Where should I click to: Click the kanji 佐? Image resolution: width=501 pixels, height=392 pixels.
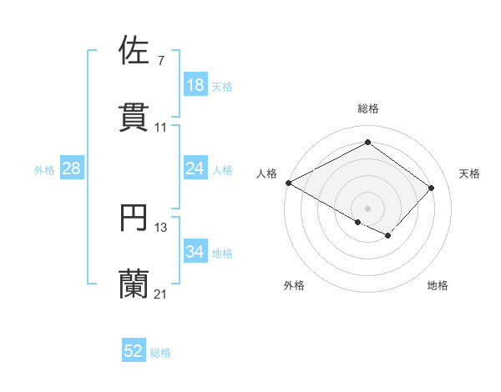click(x=134, y=50)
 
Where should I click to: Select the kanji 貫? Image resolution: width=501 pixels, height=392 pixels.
click(x=134, y=117)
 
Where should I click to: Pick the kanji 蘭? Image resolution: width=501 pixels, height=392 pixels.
click(x=134, y=284)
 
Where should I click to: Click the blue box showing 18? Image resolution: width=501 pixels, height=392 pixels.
click(x=195, y=85)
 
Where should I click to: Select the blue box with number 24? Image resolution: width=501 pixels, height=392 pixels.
click(x=195, y=168)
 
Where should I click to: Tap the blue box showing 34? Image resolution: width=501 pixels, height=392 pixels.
click(x=195, y=252)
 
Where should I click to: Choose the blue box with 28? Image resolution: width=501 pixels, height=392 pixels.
click(x=71, y=168)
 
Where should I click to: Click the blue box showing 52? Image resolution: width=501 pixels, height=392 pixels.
click(x=134, y=351)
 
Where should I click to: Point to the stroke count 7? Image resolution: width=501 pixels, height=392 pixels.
click(x=160, y=61)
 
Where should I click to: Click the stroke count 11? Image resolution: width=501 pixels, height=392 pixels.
click(x=161, y=128)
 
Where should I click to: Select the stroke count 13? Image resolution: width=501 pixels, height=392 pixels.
click(x=161, y=227)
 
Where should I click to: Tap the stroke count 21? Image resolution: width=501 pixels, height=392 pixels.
click(x=161, y=294)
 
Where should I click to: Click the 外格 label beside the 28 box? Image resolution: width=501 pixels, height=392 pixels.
click(x=44, y=170)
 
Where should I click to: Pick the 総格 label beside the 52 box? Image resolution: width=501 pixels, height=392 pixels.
click(x=160, y=353)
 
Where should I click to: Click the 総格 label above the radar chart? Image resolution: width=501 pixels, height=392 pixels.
click(x=367, y=108)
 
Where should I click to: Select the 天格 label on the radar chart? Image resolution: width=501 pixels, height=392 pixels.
click(x=469, y=173)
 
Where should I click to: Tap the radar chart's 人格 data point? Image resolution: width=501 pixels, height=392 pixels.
click(x=288, y=183)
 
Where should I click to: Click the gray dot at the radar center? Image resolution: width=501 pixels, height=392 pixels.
click(x=367, y=208)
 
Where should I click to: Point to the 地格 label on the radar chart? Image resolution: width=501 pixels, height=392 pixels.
click(x=438, y=285)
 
